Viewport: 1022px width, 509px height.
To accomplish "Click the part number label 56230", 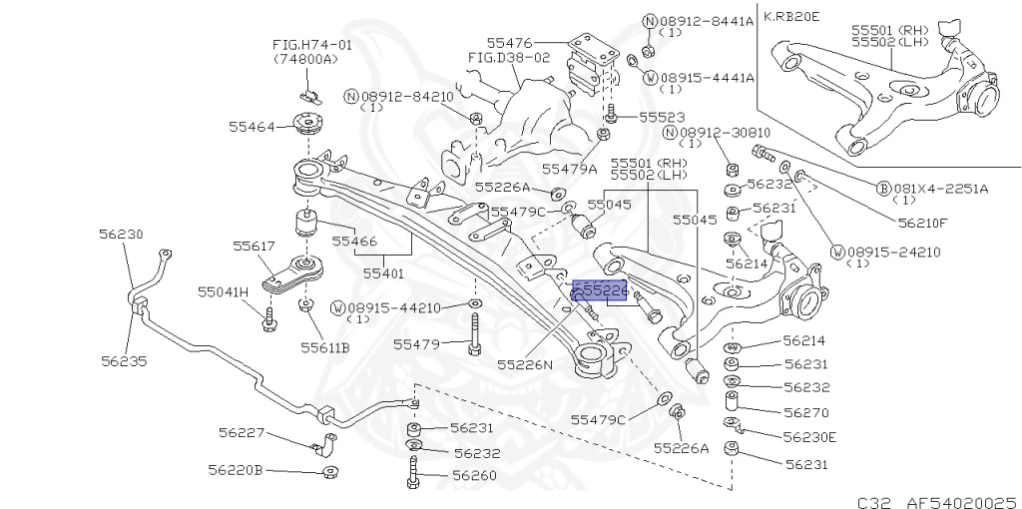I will [x=121, y=235].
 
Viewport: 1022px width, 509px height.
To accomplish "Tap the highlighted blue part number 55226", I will [x=599, y=289].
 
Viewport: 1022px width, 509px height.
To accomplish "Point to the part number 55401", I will [x=383, y=271].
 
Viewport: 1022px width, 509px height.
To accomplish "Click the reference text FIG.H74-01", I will [x=312, y=45].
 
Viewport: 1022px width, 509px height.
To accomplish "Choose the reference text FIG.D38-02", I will [x=509, y=58].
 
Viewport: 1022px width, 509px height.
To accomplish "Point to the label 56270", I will [x=806, y=410].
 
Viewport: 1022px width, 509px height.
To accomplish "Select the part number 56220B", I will [x=236, y=469].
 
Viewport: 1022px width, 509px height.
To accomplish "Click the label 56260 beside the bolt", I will [x=474, y=475].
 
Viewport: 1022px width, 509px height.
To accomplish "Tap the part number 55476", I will [x=510, y=43].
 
